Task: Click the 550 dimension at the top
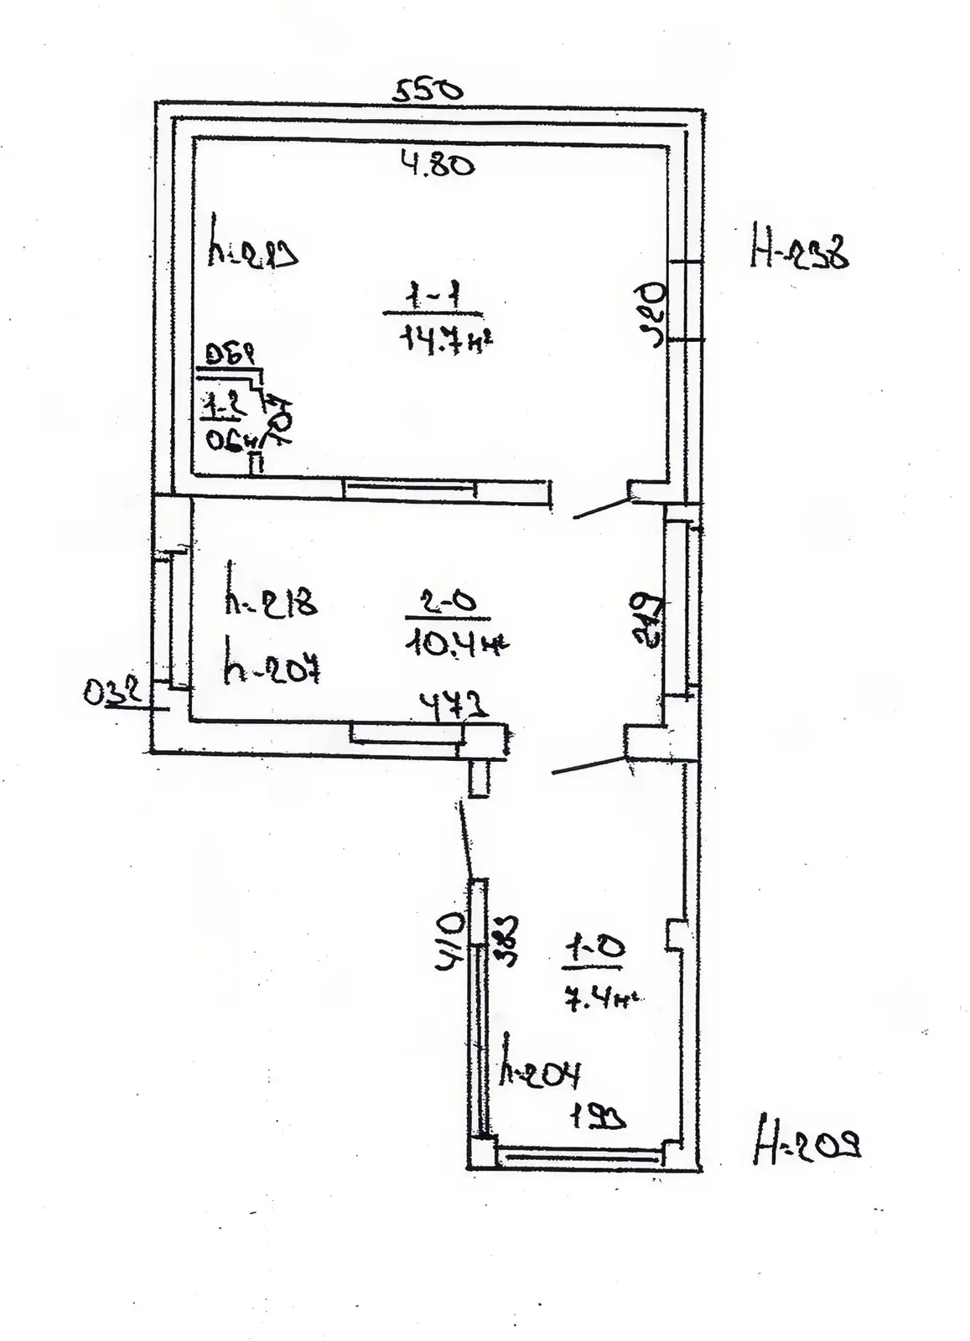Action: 427,89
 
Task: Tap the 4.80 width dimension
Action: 438,164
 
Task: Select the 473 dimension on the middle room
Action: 453,708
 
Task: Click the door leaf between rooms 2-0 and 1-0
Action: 588,766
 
